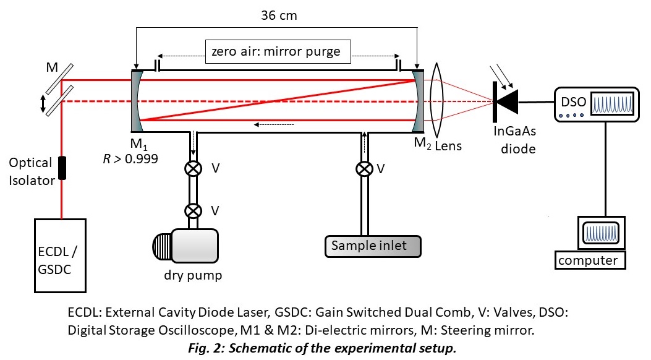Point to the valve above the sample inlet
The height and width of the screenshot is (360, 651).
(x=365, y=168)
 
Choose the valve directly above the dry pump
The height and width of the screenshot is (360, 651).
(x=194, y=211)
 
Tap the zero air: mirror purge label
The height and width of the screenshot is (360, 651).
(x=276, y=51)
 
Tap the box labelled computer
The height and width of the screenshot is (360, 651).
(x=588, y=260)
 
